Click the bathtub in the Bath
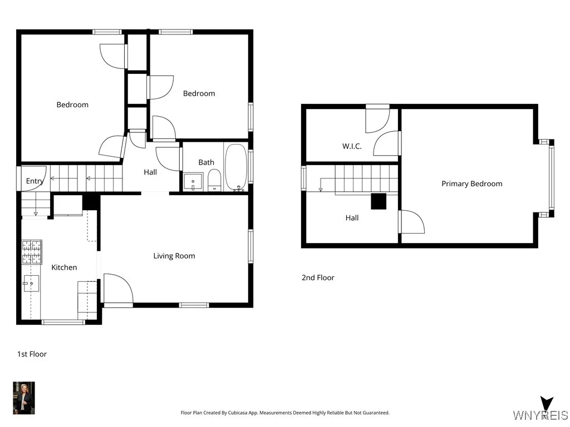pyautogui.click(x=236, y=167)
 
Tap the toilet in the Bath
pyautogui.click(x=214, y=180)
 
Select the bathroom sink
pyautogui.click(x=193, y=182)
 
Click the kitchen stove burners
pyautogui.click(x=32, y=252)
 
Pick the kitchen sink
pyautogui.click(x=31, y=283)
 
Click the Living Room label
pyautogui.click(x=174, y=256)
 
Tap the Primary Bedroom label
pyautogui.click(x=472, y=183)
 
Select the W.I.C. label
pyautogui.click(x=352, y=146)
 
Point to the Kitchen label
pyautogui.click(x=64, y=267)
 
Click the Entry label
pyautogui.click(x=35, y=181)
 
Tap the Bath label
pyautogui.click(x=206, y=162)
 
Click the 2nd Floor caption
pyautogui.click(x=318, y=277)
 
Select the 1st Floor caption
pyautogui.click(x=32, y=354)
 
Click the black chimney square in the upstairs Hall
pyautogui.click(x=379, y=201)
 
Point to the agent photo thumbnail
pyautogui.click(x=24, y=398)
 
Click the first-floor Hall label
pyautogui.click(x=150, y=172)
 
